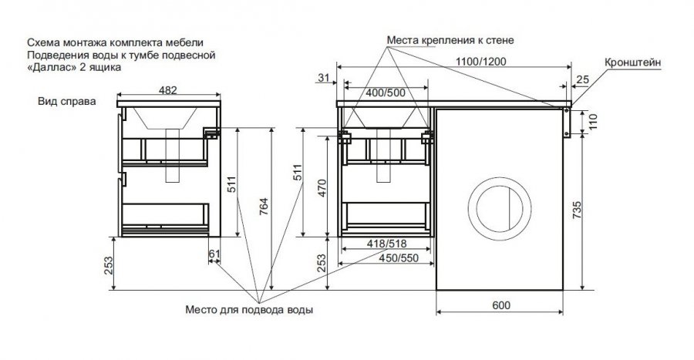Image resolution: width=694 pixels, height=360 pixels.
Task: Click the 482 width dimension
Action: click(168, 90)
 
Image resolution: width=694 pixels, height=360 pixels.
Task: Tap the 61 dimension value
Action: click(214, 254)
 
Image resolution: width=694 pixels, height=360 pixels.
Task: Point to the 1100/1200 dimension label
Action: click(481, 62)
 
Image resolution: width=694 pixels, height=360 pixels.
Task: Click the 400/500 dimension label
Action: click(386, 93)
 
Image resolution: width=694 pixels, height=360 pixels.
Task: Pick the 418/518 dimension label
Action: click(386, 244)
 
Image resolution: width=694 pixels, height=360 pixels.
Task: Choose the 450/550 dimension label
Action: click(399, 257)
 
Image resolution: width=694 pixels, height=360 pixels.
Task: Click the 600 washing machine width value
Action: click(501, 305)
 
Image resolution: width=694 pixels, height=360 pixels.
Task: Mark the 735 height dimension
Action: click(577, 210)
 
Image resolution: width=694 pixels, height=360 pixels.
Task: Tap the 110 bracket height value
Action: click(593, 122)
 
